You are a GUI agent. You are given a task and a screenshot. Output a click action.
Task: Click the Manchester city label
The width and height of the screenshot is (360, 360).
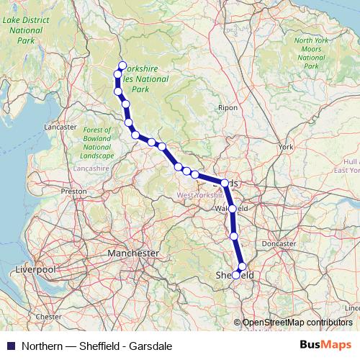tap(132, 253)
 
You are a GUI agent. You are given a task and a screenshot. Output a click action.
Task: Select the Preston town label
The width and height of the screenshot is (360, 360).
tap(73, 192)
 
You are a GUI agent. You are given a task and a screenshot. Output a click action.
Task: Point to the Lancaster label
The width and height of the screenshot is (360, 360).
tap(60, 127)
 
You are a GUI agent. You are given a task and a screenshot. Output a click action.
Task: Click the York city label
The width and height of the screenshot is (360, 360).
tap(286, 147)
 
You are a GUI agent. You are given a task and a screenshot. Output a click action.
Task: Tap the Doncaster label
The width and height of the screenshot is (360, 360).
tap(279, 243)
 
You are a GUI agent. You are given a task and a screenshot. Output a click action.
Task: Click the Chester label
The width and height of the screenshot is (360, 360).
tap(49, 316)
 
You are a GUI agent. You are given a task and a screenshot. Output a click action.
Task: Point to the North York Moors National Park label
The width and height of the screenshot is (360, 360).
tap(311, 52)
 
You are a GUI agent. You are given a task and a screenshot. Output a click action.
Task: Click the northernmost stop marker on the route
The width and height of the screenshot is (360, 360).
tap(122, 65)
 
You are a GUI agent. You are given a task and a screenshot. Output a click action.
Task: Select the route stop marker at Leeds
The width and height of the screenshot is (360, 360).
tap(225, 184)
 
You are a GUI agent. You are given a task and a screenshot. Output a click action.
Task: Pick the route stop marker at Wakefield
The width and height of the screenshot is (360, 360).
tap(232, 210)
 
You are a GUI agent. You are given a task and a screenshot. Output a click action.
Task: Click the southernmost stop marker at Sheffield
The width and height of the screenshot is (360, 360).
tap(235, 275)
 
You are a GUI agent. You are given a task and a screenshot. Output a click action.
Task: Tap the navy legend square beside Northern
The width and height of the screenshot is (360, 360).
tap(10, 345)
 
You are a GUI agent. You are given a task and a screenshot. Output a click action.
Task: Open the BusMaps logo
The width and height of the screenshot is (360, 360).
tap(324, 344)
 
